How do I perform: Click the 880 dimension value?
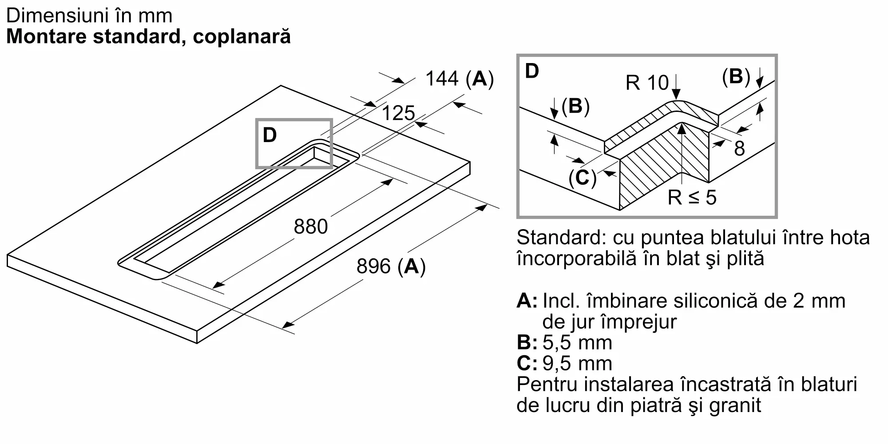tap(311, 226)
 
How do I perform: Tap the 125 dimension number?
tap(398, 113)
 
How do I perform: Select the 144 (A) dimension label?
tap(460, 79)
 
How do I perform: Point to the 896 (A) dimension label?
tap(391, 266)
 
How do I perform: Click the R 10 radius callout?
tap(647, 83)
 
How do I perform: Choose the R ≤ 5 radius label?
tap(692, 197)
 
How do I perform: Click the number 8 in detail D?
tap(739, 148)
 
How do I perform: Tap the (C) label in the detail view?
tap(583, 178)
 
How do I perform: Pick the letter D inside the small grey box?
tap(270, 135)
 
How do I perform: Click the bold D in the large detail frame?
tap(532, 71)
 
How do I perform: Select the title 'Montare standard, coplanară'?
tap(148, 36)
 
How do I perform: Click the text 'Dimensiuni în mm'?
tap(89, 16)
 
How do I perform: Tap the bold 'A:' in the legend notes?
tap(527, 301)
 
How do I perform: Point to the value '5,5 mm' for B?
tap(577, 343)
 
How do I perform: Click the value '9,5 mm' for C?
tap(577, 364)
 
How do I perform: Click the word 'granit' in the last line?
tap(735, 406)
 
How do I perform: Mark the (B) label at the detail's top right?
tap(736, 76)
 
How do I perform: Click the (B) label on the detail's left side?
tap(575, 107)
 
